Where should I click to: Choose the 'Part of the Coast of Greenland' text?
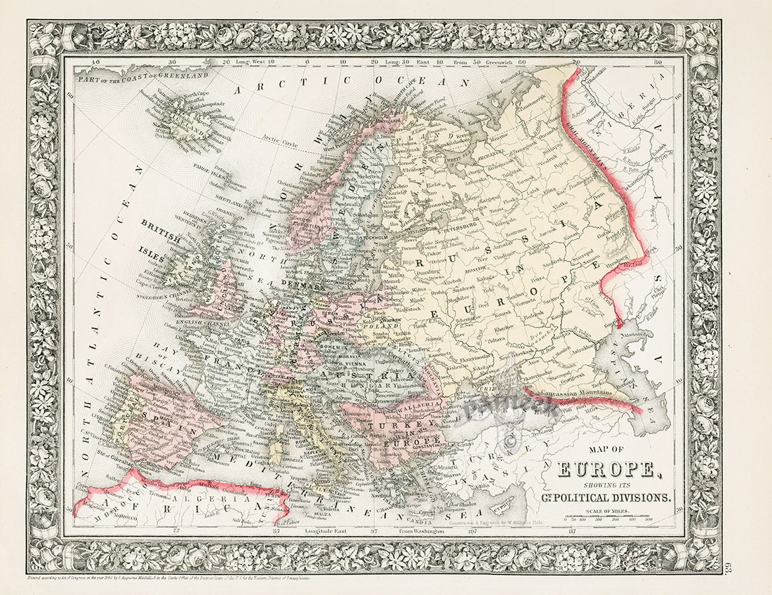tap(144, 74)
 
